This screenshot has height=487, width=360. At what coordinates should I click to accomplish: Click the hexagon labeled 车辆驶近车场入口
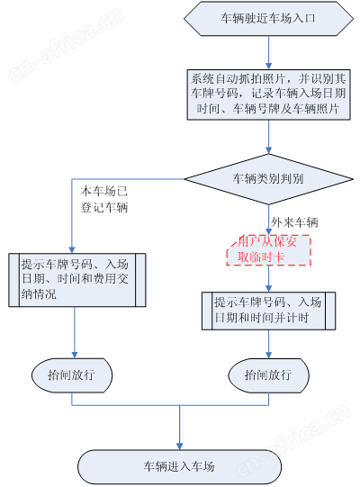[x=268, y=18]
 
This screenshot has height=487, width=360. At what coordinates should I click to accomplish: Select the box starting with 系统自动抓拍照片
[x=268, y=95]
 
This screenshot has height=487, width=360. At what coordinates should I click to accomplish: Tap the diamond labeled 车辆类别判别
[x=268, y=179]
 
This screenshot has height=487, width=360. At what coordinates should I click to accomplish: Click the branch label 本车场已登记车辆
[x=104, y=199]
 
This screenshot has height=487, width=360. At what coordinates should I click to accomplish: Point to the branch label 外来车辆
[x=294, y=222]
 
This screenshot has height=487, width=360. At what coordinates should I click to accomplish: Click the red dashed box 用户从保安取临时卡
[x=268, y=250]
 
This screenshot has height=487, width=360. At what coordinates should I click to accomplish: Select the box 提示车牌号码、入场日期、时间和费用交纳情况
[x=77, y=280]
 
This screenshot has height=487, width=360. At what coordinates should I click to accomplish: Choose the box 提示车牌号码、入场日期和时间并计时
[x=268, y=311]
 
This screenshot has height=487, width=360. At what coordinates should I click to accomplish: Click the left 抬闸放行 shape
[x=72, y=375]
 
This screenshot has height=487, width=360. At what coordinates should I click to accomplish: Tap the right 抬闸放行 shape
[x=268, y=375]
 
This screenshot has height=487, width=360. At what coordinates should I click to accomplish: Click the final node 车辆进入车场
[x=179, y=466]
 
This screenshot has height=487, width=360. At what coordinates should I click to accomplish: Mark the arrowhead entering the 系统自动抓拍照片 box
[x=269, y=66]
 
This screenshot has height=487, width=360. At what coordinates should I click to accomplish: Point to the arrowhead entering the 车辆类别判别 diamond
[x=269, y=150]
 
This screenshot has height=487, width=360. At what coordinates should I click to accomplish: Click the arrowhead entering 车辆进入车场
[x=179, y=446]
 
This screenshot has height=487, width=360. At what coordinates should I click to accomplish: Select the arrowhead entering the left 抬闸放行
[x=75, y=355]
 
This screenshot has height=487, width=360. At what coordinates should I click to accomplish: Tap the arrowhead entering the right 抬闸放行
[x=269, y=355]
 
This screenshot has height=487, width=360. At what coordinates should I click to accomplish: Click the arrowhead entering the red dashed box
[x=269, y=231]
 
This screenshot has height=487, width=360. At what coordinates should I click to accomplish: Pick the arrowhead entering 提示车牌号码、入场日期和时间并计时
[x=269, y=288]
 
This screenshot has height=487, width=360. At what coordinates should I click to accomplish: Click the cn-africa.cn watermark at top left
[x=67, y=44]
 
